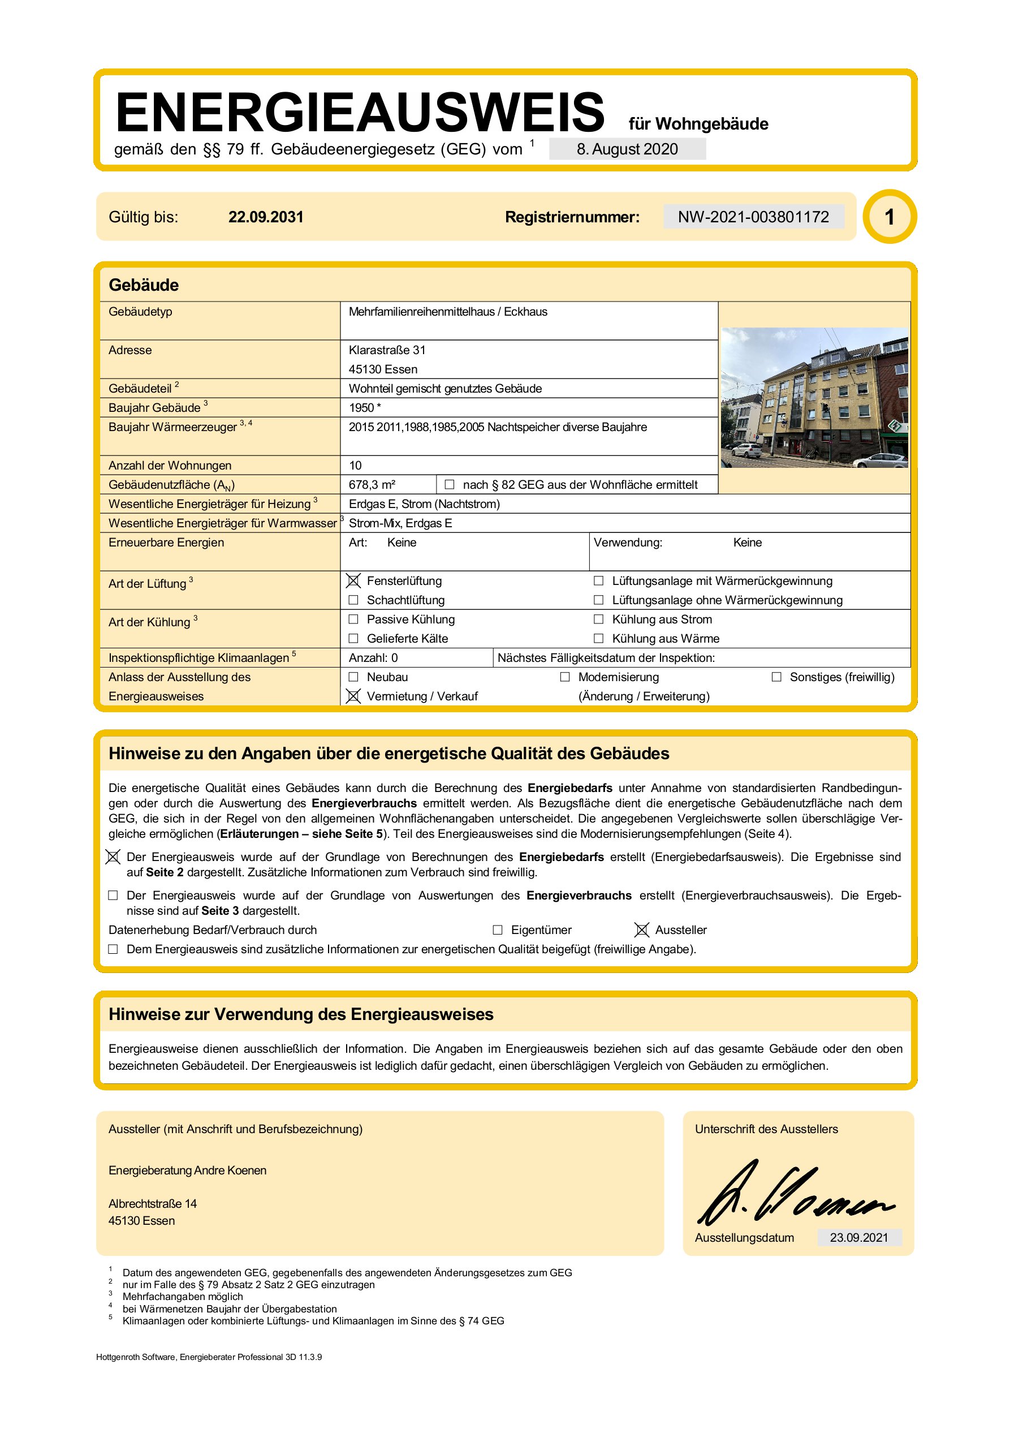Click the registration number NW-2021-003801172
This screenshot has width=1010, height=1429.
click(753, 217)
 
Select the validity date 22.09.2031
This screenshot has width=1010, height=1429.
click(266, 217)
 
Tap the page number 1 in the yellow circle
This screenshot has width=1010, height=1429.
click(890, 217)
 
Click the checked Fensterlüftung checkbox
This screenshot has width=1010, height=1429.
click(353, 580)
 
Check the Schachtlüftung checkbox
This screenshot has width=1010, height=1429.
click(353, 600)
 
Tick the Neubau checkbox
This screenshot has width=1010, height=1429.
click(353, 677)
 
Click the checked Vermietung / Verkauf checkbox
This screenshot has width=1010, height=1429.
click(353, 696)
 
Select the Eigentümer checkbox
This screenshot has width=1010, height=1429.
click(497, 930)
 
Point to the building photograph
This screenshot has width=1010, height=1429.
click(814, 397)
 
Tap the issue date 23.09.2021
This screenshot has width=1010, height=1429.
click(859, 1237)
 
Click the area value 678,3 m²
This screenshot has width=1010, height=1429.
click(372, 484)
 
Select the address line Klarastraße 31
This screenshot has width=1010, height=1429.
click(387, 350)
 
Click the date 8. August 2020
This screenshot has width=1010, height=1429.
click(627, 149)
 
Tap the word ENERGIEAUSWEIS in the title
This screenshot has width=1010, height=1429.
click(360, 112)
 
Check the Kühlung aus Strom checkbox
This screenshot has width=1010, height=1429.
click(599, 619)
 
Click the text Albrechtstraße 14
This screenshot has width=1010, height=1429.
click(153, 1204)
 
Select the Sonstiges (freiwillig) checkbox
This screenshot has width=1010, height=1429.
click(776, 677)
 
